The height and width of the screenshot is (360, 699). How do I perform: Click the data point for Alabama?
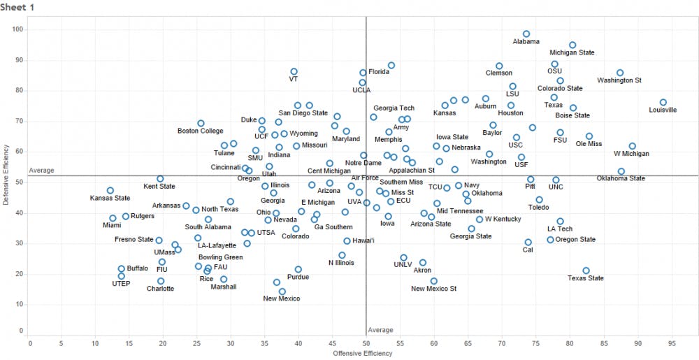(x=526, y=34)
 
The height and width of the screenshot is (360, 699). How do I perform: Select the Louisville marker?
(x=663, y=102)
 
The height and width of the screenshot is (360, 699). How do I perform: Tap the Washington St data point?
(x=620, y=73)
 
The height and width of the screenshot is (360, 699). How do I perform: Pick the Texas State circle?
(x=586, y=271)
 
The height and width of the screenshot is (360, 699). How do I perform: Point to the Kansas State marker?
(x=110, y=190)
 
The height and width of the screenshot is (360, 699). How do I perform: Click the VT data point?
(x=294, y=71)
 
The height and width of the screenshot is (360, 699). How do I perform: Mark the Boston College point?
(x=201, y=123)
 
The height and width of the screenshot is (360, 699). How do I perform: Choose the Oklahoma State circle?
(x=621, y=171)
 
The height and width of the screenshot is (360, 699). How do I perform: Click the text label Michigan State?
(x=572, y=52)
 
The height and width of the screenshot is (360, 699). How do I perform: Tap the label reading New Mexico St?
(x=433, y=288)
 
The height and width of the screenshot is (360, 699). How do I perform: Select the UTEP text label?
(x=121, y=283)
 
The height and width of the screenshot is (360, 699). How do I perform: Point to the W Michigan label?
(x=631, y=154)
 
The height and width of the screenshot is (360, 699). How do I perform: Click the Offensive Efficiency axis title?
(x=363, y=353)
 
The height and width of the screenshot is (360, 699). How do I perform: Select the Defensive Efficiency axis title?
(x=7, y=175)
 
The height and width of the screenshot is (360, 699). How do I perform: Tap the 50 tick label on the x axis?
(x=366, y=343)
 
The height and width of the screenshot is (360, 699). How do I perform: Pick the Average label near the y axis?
(x=41, y=171)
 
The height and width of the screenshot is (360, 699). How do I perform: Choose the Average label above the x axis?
(x=381, y=329)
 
